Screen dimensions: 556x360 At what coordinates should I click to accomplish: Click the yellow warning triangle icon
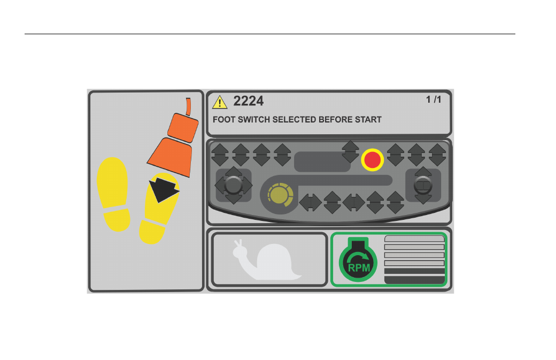220,102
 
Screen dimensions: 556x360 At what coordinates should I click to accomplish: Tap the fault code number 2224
248,101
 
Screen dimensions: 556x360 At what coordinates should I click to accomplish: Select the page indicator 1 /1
434,99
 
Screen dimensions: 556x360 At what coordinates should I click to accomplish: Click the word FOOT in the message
224,119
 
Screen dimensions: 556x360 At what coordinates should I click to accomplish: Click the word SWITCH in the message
253,119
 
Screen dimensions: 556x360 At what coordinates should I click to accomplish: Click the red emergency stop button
372,159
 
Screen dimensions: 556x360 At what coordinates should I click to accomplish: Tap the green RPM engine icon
358,259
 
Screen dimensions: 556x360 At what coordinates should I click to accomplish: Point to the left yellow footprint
113,194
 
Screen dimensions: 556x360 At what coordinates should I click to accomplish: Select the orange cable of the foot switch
188,106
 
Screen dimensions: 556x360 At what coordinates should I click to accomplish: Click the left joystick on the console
233,185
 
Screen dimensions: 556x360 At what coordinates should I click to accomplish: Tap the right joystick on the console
423,185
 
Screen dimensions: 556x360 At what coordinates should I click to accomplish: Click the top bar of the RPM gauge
414,239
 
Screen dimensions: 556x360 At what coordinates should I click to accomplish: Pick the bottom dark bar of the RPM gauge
414,280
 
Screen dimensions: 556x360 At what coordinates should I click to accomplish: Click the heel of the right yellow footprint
152,232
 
